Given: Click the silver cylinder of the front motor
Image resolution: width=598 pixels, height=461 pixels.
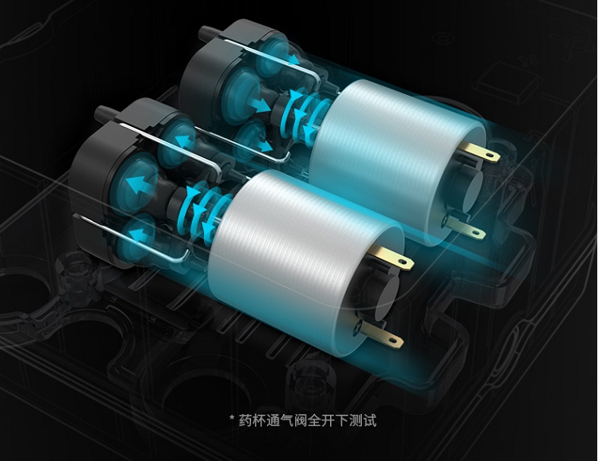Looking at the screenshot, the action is [305, 263].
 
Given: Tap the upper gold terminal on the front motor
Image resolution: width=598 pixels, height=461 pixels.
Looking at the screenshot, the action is [392, 257].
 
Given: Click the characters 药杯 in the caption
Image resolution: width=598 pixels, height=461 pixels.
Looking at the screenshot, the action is [252, 420].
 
